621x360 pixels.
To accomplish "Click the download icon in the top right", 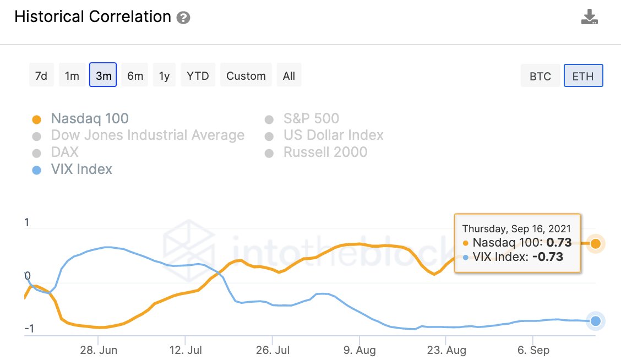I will pos(589,17).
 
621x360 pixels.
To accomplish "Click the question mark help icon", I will pos(183,18).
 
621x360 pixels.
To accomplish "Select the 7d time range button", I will pos(41,76).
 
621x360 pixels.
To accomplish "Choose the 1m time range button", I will pos(72,76).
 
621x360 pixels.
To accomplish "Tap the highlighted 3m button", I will pos(103,76).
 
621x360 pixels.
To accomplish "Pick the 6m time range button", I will pos(135,76).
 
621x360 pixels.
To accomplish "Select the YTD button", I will pos(198,76).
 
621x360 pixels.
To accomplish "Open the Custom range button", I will pos(246,76).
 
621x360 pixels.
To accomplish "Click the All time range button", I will pos(289,76).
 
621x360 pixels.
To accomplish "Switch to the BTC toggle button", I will pos(540,77).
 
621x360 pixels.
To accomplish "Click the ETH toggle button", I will pos(583,77).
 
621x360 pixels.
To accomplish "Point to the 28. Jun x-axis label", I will pos(99,350).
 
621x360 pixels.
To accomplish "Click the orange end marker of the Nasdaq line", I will pos(595,243).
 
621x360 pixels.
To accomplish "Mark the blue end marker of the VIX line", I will pos(595,321).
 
